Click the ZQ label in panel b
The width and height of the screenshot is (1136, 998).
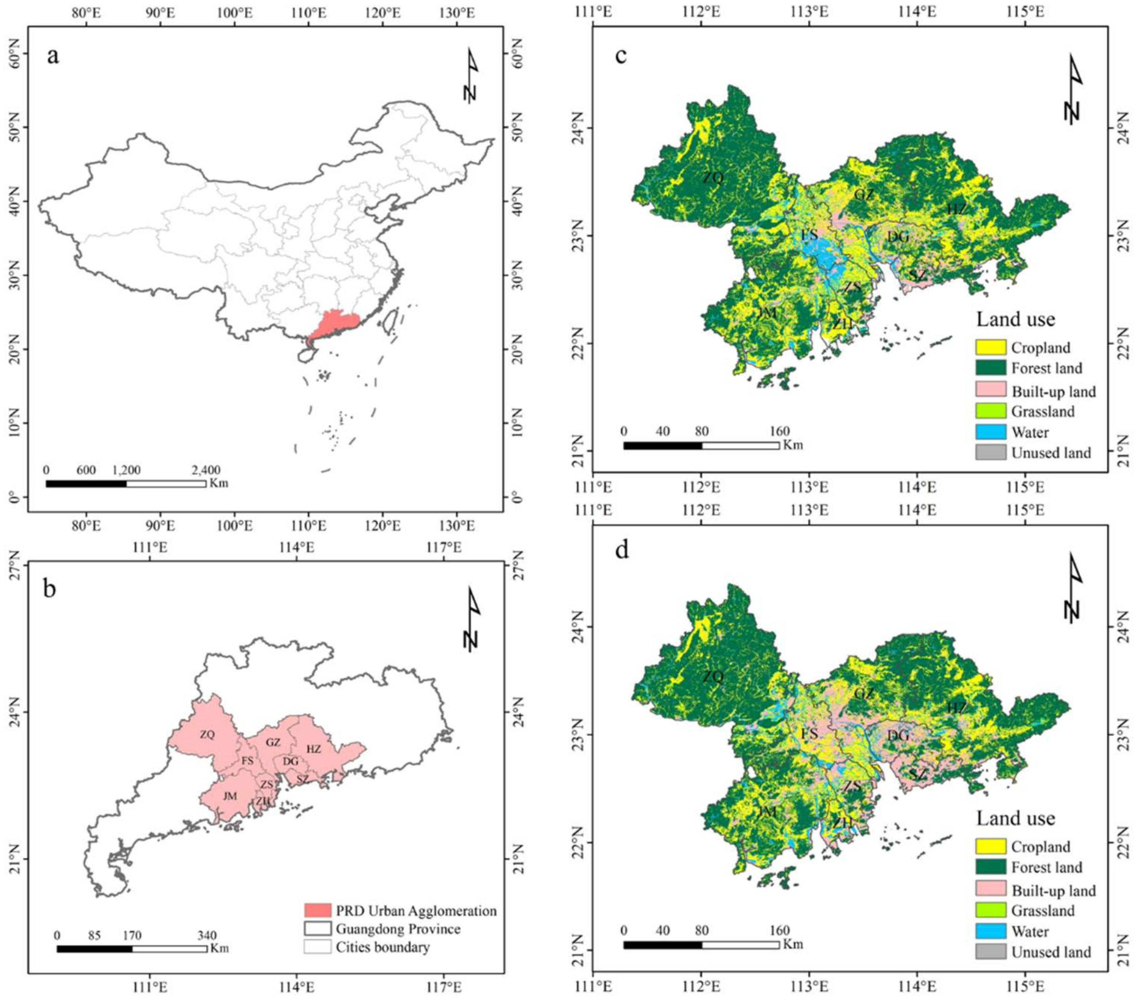pos(207,735)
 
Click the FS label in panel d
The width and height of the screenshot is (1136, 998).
pos(809,734)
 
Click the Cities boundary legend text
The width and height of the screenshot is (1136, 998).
pos(383,947)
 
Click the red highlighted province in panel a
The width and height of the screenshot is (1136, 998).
pos(333,324)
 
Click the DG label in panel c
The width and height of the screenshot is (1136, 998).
pos(898,237)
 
